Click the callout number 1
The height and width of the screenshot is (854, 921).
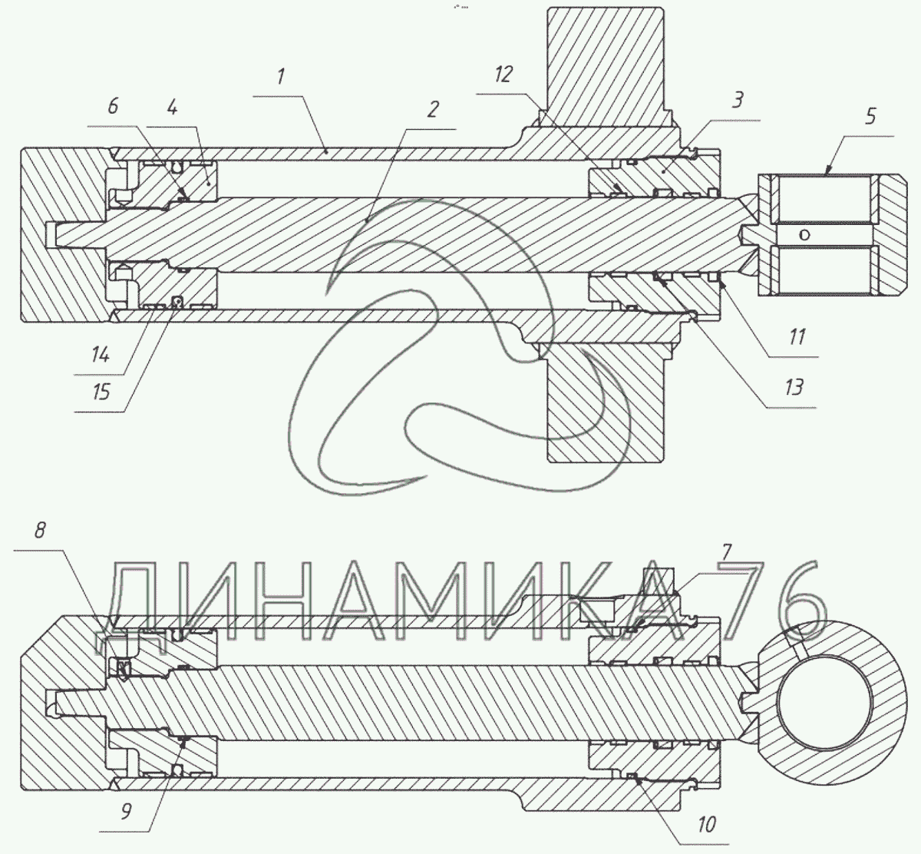click(280, 77)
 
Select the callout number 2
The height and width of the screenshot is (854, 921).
click(432, 110)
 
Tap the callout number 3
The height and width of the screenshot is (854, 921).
click(737, 100)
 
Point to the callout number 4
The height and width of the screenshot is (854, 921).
click(172, 108)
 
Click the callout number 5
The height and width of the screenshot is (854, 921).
click(870, 116)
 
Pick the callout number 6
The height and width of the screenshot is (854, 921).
click(113, 106)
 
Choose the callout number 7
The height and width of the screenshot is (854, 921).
click(726, 552)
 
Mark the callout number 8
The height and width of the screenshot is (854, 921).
click(40, 531)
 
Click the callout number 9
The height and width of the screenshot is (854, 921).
click(126, 811)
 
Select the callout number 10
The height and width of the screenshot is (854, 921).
click(706, 824)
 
